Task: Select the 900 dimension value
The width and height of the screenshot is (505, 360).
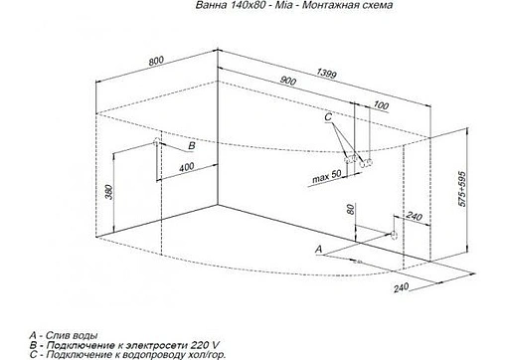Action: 289,81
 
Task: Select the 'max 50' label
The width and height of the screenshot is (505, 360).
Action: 325,177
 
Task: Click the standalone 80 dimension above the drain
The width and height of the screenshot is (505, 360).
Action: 350,210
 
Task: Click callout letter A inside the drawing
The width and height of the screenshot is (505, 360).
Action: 317,246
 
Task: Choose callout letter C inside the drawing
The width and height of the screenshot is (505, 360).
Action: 327,118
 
